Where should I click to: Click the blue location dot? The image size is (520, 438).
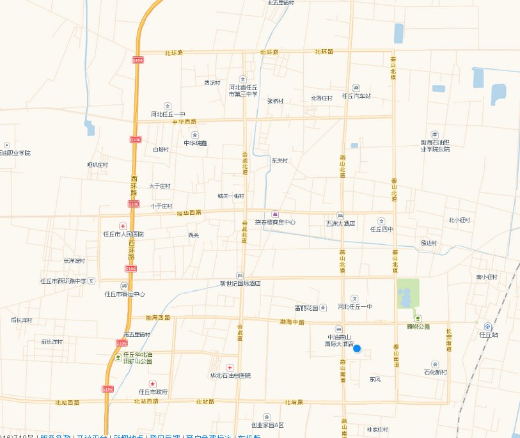coord(357,348)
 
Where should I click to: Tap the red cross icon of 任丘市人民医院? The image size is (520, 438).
coord(123,226)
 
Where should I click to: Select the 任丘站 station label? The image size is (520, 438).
coord(489,334)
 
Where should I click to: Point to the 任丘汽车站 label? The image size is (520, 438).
coord(356,97)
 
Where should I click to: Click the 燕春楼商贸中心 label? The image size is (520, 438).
coord(275,223)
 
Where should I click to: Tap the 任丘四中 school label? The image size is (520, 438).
coord(382,229)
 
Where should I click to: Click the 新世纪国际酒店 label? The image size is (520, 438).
coord(240,283)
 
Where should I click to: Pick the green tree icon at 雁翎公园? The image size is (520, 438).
coord(418,318)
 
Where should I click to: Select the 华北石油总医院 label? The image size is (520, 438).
coord(230,375)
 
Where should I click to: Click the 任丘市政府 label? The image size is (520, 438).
coord(152,391)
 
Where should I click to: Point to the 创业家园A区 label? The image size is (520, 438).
coord(267,425)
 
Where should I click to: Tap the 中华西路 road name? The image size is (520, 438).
coord(184,121)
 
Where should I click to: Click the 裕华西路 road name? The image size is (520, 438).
coord(189,212)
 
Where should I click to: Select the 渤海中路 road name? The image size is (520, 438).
coord(292,322)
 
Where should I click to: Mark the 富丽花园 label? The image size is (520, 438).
coord(306,308)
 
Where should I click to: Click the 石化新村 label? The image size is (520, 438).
coord(435,372)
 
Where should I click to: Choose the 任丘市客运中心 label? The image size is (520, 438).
coord(124,294)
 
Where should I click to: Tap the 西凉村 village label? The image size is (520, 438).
coord(212,82)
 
